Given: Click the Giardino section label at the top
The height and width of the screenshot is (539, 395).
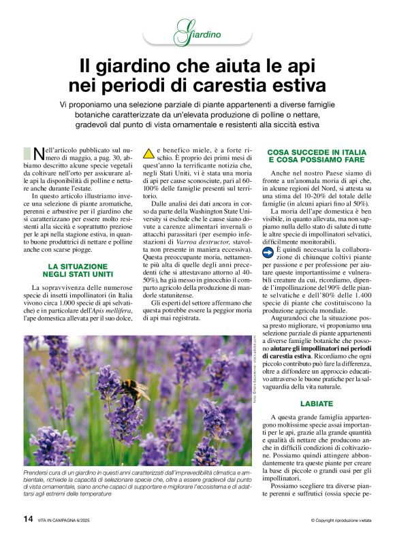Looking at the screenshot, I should [x=197, y=32].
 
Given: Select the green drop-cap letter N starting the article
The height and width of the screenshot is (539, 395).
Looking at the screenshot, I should [x=39, y=153].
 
